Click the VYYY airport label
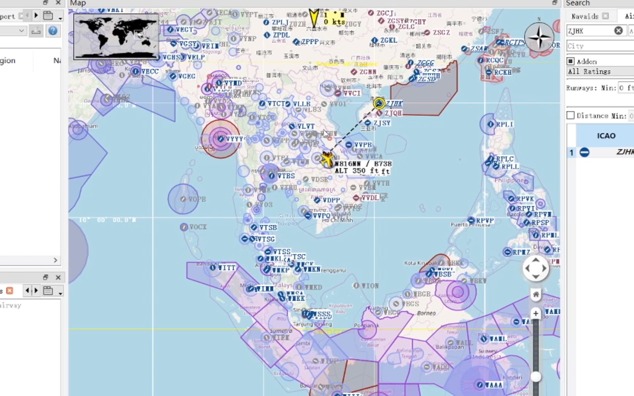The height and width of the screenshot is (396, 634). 234,139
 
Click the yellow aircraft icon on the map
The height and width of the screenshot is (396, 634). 327,159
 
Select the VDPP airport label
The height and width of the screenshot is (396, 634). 331,200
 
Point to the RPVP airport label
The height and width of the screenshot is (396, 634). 485,221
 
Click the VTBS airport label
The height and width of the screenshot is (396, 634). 286,176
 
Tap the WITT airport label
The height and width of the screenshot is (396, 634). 227,268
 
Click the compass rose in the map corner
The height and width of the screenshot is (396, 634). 539,37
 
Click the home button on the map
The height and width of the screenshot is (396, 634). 536,294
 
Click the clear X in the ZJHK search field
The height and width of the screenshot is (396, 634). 618,31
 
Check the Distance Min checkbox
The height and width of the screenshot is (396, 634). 571,115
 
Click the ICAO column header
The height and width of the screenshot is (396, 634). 606,136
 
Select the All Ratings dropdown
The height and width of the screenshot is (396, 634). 600,71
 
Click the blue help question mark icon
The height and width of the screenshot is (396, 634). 53,31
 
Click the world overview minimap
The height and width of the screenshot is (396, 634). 116,36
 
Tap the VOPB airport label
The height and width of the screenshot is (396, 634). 197,199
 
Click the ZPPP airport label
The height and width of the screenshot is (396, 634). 310,42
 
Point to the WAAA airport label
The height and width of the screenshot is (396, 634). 494,385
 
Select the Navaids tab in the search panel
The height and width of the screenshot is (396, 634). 585,16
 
